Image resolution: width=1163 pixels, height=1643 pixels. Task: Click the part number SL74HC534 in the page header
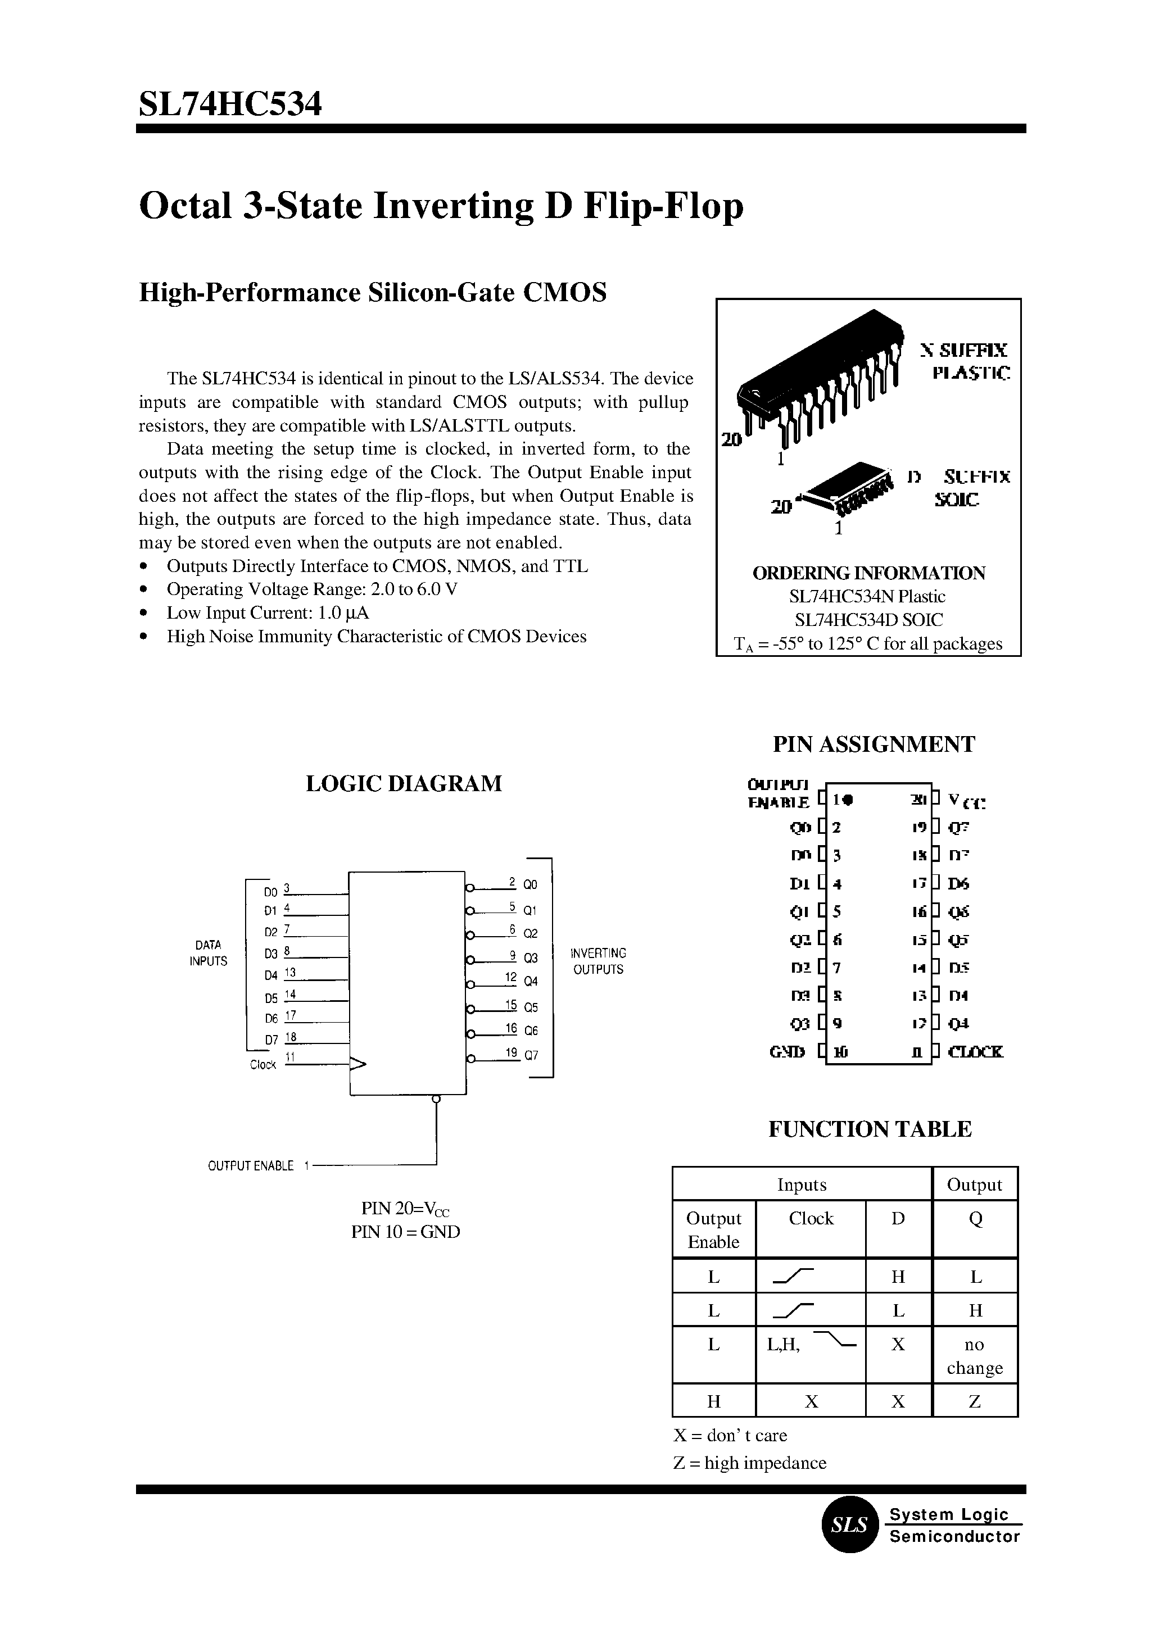230,105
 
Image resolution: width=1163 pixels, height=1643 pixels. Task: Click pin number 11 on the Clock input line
291,1057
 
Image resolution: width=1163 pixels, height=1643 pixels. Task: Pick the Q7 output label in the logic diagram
531,1055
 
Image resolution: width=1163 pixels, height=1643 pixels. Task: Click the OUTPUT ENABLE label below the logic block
251,1166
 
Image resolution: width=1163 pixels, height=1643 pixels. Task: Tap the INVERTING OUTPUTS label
598,961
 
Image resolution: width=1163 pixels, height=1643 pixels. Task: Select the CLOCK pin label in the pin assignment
975,1052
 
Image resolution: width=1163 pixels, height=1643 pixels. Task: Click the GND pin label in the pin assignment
787,1052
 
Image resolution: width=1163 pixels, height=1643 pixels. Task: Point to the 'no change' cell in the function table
975,1356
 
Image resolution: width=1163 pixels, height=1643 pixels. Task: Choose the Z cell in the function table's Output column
975,1401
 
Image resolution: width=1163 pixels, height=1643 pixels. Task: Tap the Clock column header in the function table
811,1218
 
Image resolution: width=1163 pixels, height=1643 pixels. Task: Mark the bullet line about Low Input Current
267,613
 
